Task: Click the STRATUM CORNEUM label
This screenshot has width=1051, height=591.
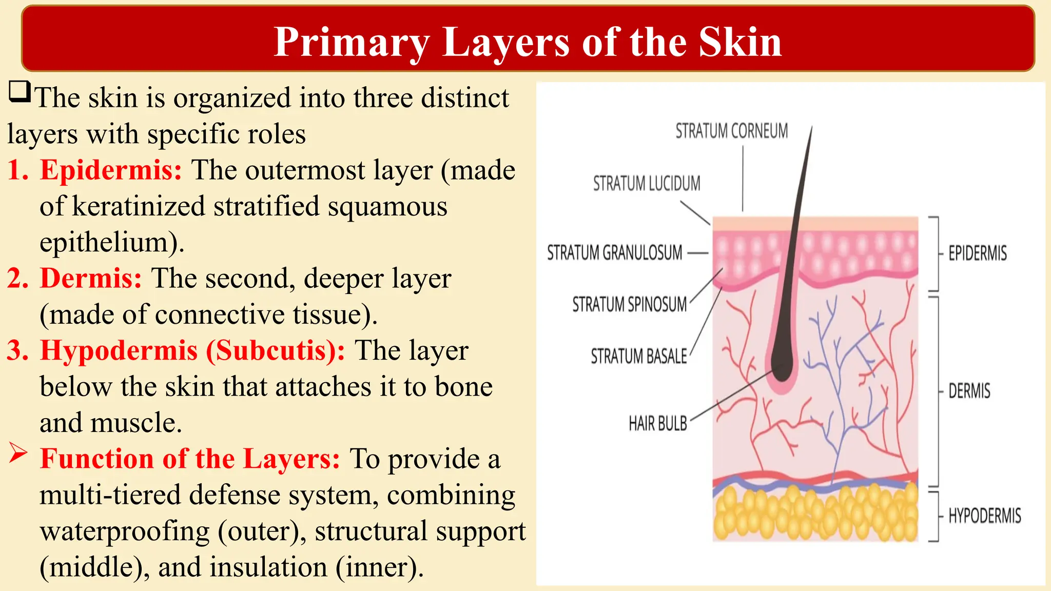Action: click(731, 131)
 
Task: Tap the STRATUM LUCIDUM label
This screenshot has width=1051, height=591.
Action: click(647, 184)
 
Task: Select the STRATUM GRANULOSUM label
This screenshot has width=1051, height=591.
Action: click(614, 253)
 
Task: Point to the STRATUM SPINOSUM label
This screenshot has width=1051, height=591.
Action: click(629, 305)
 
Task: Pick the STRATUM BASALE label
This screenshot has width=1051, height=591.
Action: click(638, 357)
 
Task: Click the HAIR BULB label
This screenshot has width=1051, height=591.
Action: click(657, 424)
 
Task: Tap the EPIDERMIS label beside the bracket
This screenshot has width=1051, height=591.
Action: click(977, 253)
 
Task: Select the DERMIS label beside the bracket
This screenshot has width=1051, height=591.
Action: click(969, 391)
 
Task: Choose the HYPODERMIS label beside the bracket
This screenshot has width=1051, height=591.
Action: click(984, 516)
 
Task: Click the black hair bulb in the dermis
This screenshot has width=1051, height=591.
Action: click(782, 367)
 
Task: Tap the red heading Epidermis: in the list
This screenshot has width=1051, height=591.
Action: click(111, 170)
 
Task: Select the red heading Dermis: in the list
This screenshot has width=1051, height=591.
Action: click(91, 279)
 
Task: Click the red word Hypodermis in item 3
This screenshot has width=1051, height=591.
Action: click(119, 351)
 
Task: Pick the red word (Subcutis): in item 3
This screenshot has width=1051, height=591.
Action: click(276, 351)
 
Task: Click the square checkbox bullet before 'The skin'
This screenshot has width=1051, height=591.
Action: click(20, 92)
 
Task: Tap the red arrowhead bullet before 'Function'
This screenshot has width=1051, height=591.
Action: click(18, 454)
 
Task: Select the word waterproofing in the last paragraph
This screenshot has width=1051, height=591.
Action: click(125, 531)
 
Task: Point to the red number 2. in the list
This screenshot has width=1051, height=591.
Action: click(18, 279)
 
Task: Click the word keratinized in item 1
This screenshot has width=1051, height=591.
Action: click(139, 207)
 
